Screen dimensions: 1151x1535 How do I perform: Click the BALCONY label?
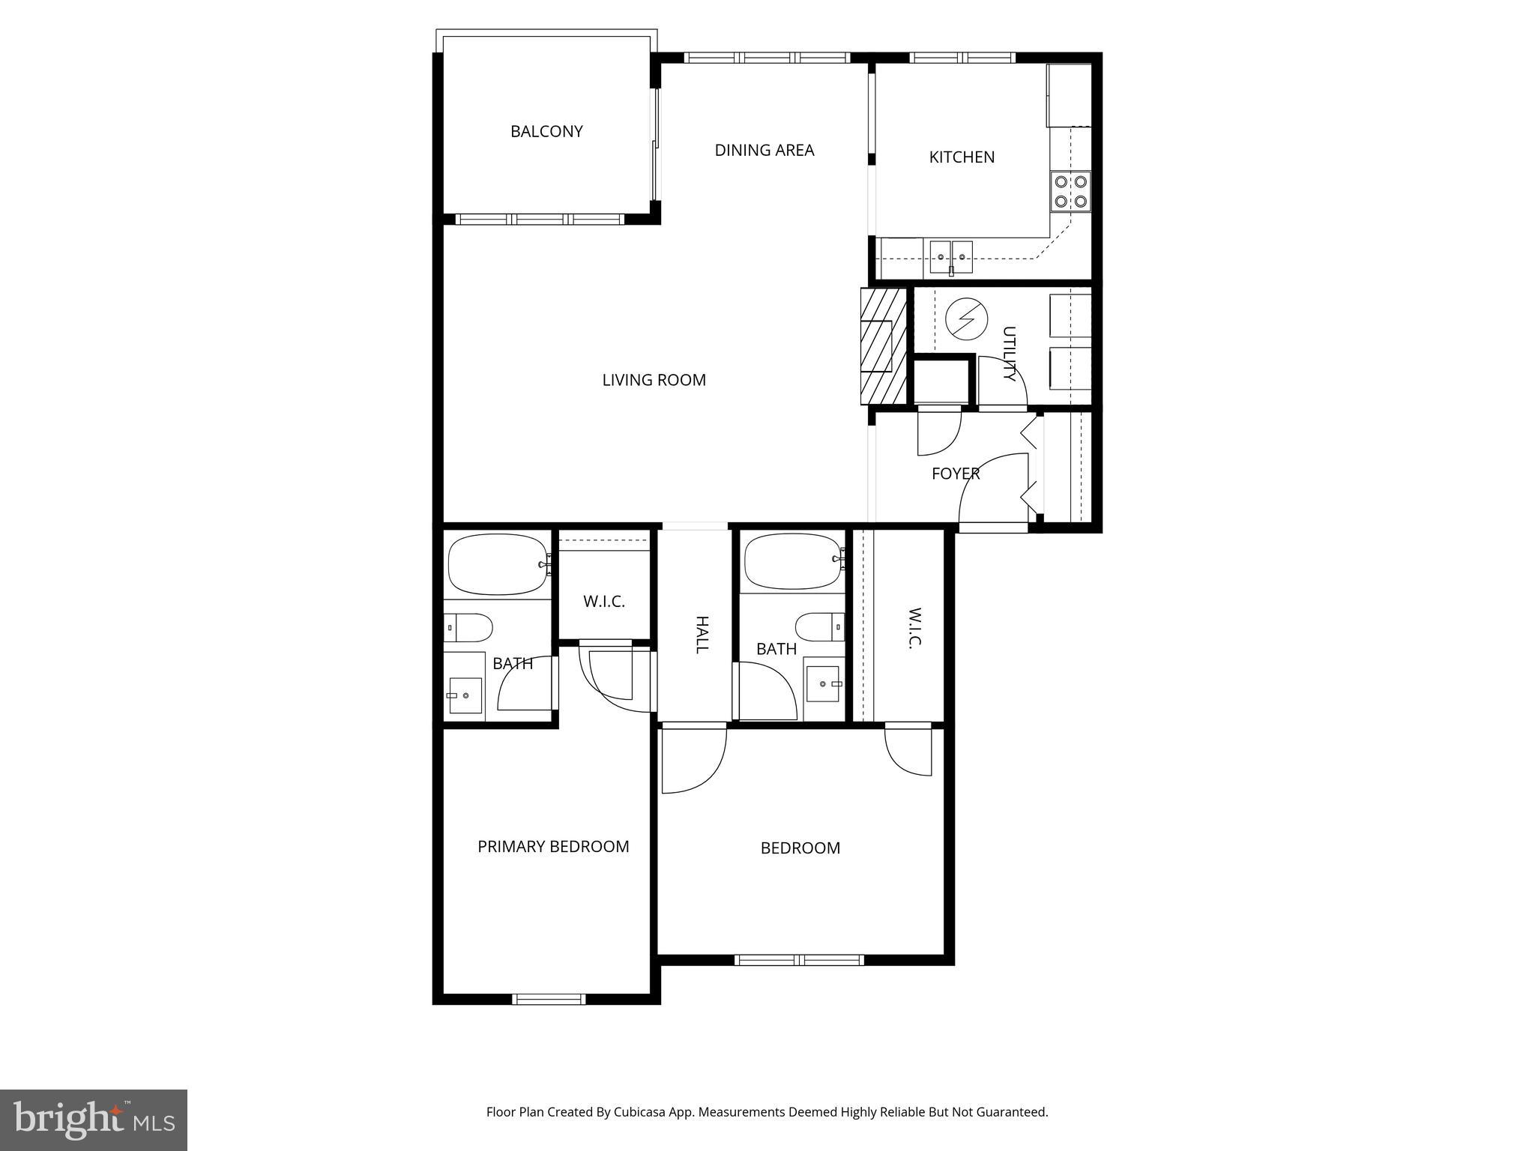pyautogui.click(x=546, y=132)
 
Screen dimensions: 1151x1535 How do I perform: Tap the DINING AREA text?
pyautogui.click(x=764, y=151)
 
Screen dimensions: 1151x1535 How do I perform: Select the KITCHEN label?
pyautogui.click(x=962, y=157)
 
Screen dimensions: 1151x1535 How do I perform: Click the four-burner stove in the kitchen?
pyautogui.click(x=1070, y=191)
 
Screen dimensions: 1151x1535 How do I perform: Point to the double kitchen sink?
pyautogui.click(x=951, y=256)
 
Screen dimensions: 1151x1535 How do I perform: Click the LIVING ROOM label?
pyautogui.click(x=654, y=381)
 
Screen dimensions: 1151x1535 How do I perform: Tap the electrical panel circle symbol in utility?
pyautogui.click(x=962, y=319)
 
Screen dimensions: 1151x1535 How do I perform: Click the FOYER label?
pyautogui.click(x=955, y=474)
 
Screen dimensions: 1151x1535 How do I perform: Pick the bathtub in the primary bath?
pyautogui.click(x=498, y=564)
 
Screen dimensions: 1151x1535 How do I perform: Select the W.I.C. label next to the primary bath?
pyautogui.click(x=603, y=602)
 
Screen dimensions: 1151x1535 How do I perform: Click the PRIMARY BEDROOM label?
pyautogui.click(x=553, y=847)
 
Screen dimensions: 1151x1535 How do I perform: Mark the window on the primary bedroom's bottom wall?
pyautogui.click(x=549, y=998)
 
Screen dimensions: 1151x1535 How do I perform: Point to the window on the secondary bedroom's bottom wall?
pyautogui.click(x=799, y=960)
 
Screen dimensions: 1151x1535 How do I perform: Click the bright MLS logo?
pyautogui.click(x=94, y=1120)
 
